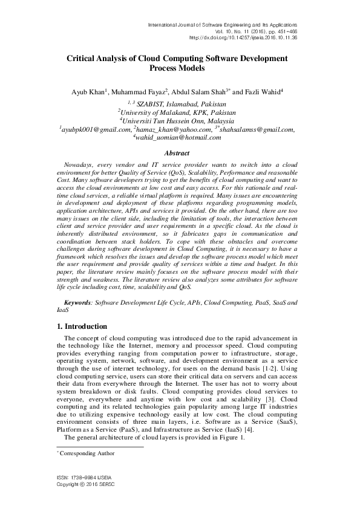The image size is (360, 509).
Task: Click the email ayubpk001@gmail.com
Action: (97, 129)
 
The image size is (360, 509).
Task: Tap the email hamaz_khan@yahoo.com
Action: (174, 129)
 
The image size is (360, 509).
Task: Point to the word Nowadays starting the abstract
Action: (77, 164)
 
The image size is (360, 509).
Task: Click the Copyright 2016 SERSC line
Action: (78, 485)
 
